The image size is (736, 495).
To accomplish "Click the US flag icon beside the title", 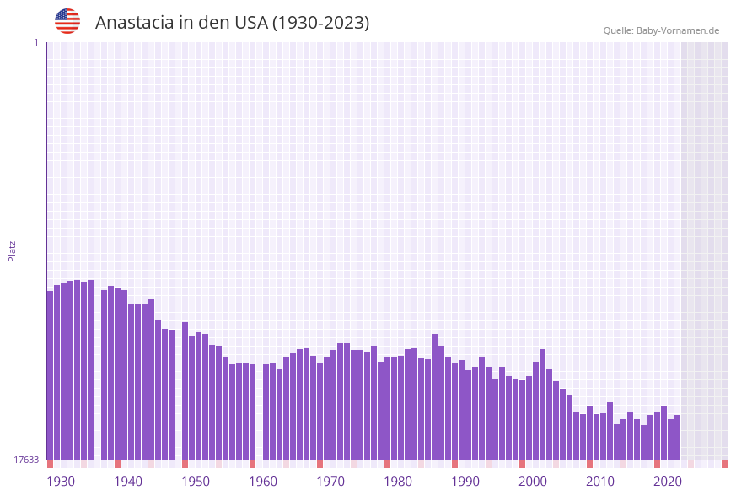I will [67, 21].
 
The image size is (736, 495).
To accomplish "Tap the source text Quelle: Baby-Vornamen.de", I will [661, 30].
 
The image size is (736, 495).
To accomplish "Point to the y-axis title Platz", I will [13, 250].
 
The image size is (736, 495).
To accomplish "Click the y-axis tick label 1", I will [36, 42].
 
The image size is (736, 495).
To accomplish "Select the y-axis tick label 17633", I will [26, 460].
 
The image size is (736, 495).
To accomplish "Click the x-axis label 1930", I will [61, 482].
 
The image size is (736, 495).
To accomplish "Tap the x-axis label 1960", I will [263, 482].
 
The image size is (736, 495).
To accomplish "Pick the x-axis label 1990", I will [465, 482].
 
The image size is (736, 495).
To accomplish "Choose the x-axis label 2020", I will [668, 482].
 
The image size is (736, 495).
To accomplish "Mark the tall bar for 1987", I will [435, 396].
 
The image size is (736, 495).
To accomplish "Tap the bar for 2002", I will [543, 404].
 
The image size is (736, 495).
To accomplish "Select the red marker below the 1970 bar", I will [320, 464].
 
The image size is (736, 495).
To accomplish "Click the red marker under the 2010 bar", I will [590, 464].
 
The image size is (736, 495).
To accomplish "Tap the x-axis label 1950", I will [196, 482].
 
